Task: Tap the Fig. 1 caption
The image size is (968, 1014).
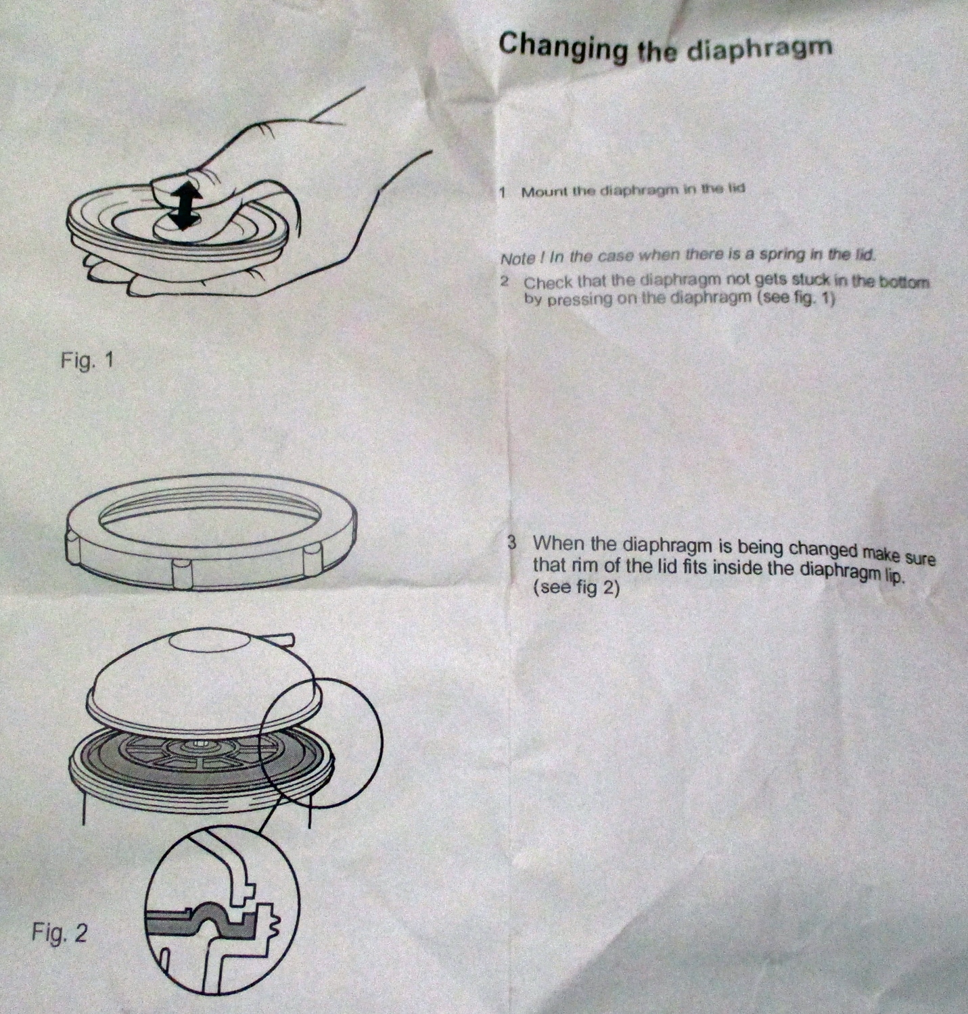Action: (x=86, y=360)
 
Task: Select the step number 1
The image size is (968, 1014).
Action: (x=502, y=193)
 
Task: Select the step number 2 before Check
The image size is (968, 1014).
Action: (x=505, y=282)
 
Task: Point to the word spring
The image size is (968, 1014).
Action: (x=779, y=255)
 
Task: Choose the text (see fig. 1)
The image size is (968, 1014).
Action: (x=796, y=299)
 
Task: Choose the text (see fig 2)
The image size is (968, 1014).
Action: (x=576, y=587)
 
